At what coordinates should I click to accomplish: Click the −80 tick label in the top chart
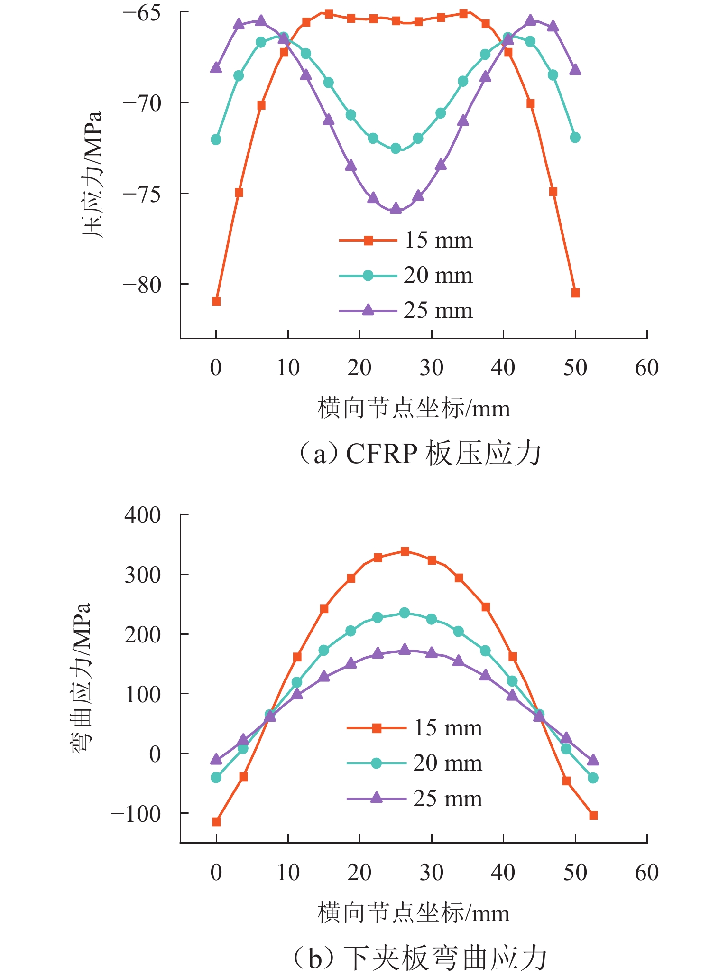[x=142, y=285]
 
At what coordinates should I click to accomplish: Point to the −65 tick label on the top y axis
[x=142, y=13]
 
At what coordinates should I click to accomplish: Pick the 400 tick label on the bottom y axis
[x=143, y=515]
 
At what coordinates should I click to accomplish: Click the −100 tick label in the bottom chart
[x=136, y=814]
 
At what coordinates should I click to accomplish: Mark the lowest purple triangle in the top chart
[x=396, y=208]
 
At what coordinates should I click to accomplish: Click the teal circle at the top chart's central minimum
[x=396, y=149]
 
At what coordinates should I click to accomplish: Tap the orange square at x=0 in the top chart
[x=216, y=301]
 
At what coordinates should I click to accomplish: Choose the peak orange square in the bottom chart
[x=405, y=551]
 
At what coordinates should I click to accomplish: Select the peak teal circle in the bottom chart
[x=405, y=613]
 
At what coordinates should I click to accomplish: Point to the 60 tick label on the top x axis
[x=646, y=368]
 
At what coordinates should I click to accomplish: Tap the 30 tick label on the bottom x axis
[x=431, y=873]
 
